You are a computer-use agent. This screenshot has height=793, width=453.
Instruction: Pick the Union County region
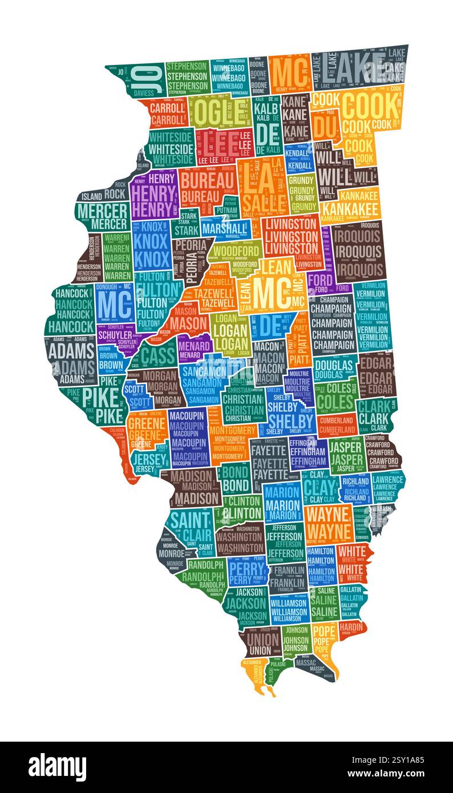262,642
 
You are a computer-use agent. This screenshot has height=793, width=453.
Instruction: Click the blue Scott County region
135,394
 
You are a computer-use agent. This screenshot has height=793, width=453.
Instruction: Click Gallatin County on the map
351,600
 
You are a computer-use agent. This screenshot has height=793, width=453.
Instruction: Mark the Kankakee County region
349,208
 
